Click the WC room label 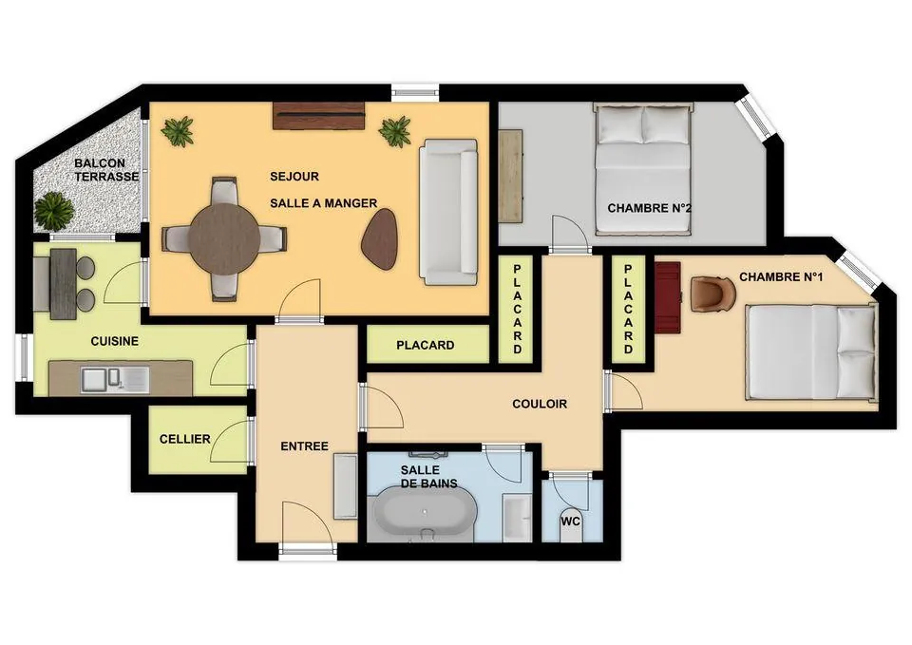point(571,521)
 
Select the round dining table point(224,237)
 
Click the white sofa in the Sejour point(448,212)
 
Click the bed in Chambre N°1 point(811,351)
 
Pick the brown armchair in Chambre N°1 point(712,294)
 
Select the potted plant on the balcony point(54,209)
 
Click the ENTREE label point(304,446)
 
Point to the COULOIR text point(539,404)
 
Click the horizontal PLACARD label point(425,345)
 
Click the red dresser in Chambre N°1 point(668,297)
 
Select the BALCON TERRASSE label point(107,170)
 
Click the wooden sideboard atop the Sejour point(319,115)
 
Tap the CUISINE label point(115,341)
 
